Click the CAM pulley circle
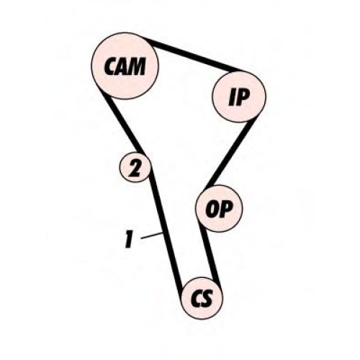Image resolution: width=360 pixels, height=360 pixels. point(125,66)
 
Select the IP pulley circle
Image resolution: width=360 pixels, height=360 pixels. point(239,96)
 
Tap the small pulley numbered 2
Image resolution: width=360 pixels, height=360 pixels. point(135,167)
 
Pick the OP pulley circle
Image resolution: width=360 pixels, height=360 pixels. point(219,209)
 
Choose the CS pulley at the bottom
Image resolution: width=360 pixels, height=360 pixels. point(202,298)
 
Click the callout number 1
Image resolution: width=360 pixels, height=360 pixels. point(129,239)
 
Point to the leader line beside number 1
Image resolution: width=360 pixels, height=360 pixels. point(152,235)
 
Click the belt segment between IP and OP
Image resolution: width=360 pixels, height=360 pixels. point(230,153)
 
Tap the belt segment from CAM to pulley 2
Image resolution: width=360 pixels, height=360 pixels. point(122,121)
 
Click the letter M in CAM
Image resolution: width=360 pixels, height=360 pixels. point(135,66)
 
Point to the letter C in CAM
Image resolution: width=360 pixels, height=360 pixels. point(109,66)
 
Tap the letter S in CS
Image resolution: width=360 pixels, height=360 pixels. point(207,298)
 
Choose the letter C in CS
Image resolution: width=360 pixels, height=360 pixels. point(197,298)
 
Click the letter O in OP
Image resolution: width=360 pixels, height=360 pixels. point(212,209)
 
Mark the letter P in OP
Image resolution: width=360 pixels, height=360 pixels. point(225,209)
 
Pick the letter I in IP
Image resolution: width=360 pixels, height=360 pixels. point(233,97)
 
